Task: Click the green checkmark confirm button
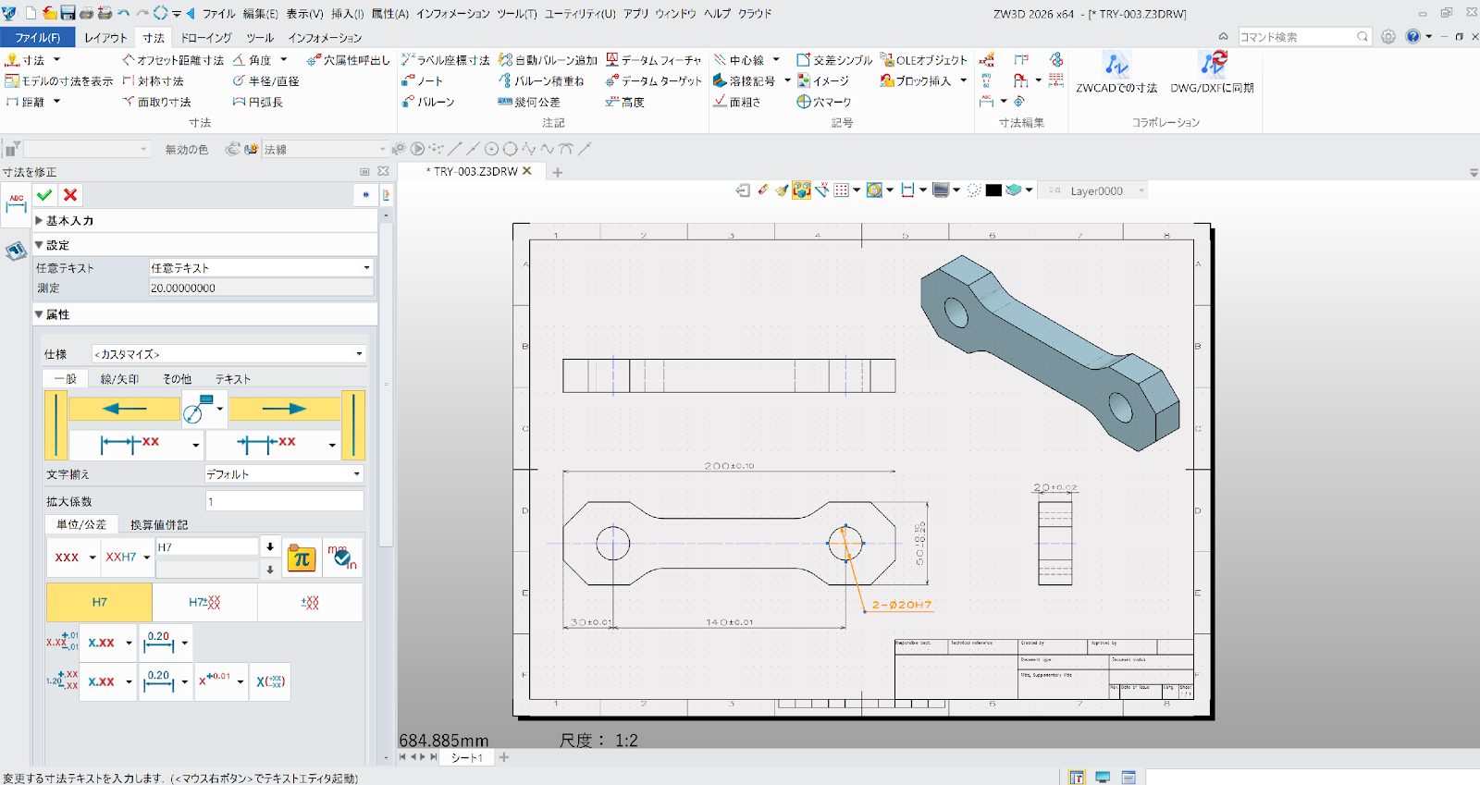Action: [x=43, y=195]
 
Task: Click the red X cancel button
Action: [x=70, y=195]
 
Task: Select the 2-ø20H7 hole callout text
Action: [x=901, y=605]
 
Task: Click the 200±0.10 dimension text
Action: [x=729, y=466]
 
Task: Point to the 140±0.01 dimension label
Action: [x=729, y=622]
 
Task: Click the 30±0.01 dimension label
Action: [x=590, y=622]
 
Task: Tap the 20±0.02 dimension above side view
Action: [x=1055, y=487]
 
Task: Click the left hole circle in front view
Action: [x=612, y=543]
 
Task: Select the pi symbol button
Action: [x=302, y=558]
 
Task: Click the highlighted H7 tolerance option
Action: [x=99, y=602]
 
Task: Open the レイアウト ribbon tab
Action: [x=105, y=38]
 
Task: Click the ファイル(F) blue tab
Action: [x=37, y=38]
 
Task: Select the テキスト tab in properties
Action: [x=233, y=379]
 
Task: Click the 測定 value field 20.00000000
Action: [x=261, y=288]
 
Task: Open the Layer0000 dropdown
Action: [x=1141, y=191]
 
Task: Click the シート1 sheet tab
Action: [x=466, y=757]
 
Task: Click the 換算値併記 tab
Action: [x=159, y=524]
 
